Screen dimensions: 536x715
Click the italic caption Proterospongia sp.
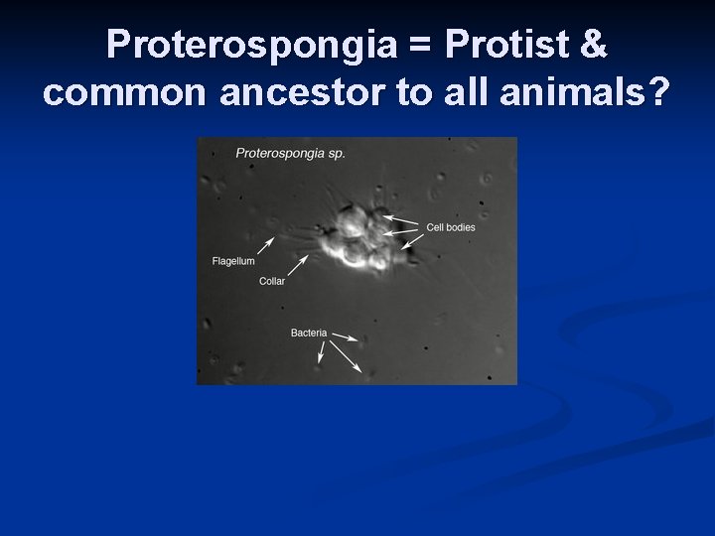click(290, 153)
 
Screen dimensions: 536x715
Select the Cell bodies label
click(450, 227)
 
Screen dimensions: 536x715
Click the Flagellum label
click(233, 261)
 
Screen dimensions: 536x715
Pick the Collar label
click(271, 282)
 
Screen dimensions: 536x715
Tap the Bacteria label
click(308, 333)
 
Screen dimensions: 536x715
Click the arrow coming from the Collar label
click(297, 264)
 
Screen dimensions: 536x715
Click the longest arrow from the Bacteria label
click(346, 354)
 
